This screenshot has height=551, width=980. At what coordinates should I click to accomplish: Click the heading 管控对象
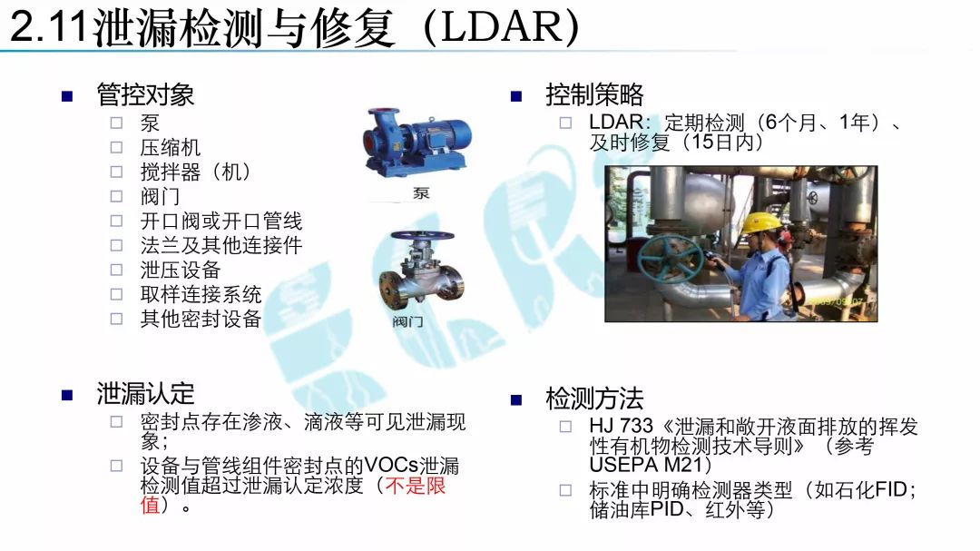click(145, 95)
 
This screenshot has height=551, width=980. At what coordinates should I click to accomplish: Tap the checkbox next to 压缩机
click(116, 148)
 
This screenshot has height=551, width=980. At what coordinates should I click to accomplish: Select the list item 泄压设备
click(180, 270)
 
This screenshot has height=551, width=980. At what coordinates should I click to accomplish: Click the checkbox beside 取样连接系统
click(116, 294)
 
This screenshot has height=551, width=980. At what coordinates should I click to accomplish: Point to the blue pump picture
click(416, 142)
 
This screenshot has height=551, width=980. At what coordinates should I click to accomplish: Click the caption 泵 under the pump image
click(421, 193)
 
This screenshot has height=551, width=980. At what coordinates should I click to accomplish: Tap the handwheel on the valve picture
click(423, 236)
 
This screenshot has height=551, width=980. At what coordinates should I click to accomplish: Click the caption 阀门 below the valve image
click(408, 321)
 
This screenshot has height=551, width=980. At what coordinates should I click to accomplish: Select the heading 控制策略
click(593, 95)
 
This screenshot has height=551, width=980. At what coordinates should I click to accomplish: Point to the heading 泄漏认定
click(145, 394)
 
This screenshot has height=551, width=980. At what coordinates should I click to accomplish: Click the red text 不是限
click(415, 486)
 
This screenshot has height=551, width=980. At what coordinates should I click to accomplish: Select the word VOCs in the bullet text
click(391, 466)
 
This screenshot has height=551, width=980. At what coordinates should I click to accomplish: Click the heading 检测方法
click(593, 398)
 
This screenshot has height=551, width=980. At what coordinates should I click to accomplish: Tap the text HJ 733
click(621, 426)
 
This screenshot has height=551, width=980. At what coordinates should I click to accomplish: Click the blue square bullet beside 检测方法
click(516, 400)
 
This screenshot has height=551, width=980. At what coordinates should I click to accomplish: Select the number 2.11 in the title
click(48, 28)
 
